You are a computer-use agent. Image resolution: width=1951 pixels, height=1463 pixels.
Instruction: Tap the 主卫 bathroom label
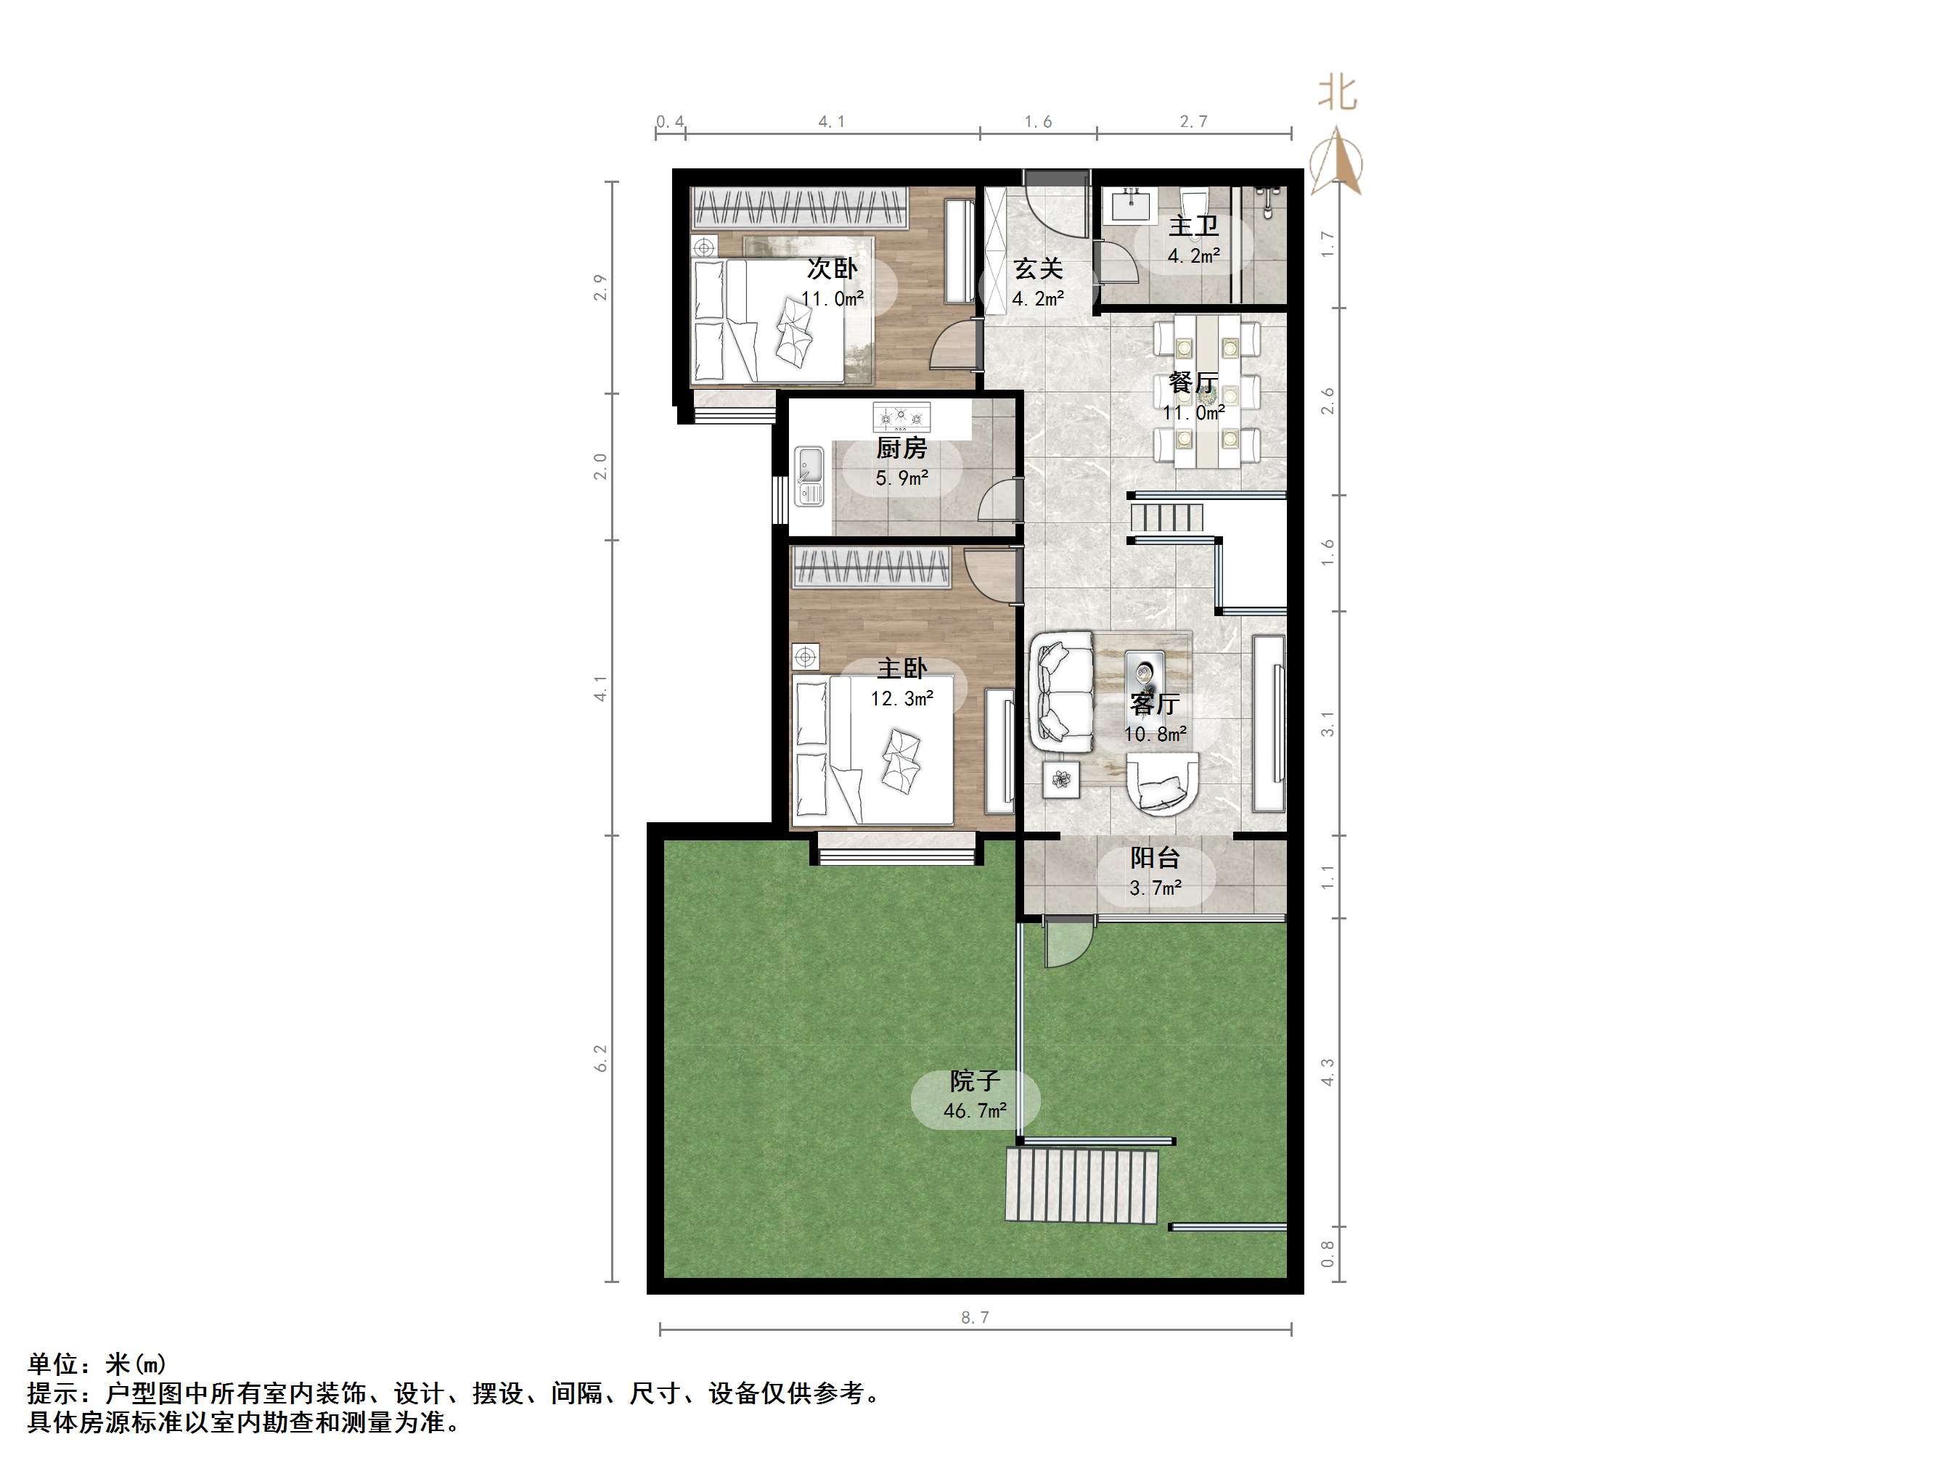pyautogui.click(x=1193, y=226)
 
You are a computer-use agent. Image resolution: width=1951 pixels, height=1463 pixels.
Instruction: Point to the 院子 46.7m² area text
pyautogui.click(x=975, y=1110)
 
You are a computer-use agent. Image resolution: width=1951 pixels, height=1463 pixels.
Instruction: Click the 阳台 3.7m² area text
pyautogui.click(x=1156, y=888)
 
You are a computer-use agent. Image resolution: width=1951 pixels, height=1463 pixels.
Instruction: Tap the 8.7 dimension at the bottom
pyautogui.click(x=975, y=1317)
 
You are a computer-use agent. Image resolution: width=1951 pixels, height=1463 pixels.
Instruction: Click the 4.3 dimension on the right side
pyautogui.click(x=1328, y=1073)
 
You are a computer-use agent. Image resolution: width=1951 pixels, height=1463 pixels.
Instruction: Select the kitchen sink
pyautogui.click(x=808, y=476)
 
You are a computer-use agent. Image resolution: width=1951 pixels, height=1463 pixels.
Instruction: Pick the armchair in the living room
pyautogui.click(x=1163, y=783)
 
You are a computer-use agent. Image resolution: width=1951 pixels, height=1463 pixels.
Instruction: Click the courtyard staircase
pyautogui.click(x=1081, y=1185)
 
